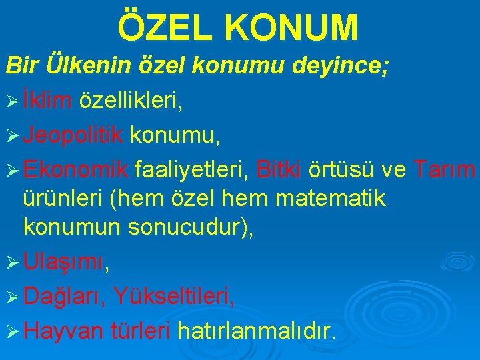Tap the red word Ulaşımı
pyautogui.click(x=64, y=263)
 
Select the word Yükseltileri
pyautogui.click(x=174, y=295)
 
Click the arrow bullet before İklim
pyautogui.click(x=12, y=101)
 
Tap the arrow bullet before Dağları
pyautogui.click(x=12, y=296)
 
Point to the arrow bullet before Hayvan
pyautogui.click(x=12, y=329)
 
